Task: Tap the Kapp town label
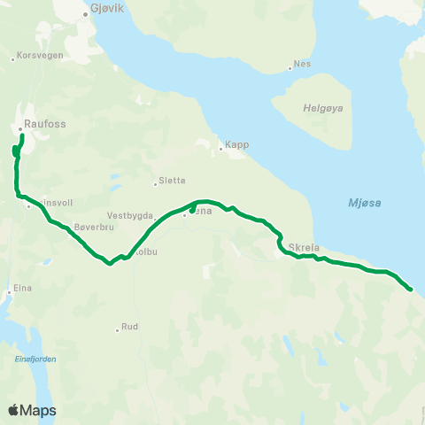tap(236, 143)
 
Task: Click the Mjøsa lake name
tap(364, 204)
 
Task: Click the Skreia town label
tap(304, 247)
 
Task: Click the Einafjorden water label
tap(35, 358)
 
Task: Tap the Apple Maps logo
tap(32, 411)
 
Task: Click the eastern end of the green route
tap(411, 289)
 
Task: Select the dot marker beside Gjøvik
tap(85, 15)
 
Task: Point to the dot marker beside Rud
tap(117, 330)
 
